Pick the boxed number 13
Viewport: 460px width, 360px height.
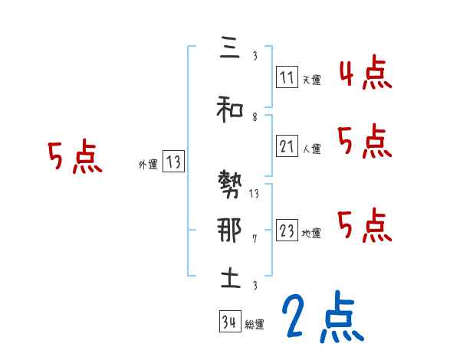pyautogui.click(x=173, y=162)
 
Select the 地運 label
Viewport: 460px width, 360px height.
pyautogui.click(x=311, y=234)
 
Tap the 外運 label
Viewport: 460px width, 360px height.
pyautogui.click(x=147, y=164)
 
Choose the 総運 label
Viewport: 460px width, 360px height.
pyautogui.click(x=255, y=325)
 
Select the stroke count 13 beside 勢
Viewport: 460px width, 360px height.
pyautogui.click(x=255, y=193)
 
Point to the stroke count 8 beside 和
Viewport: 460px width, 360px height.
pyautogui.click(x=255, y=118)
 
